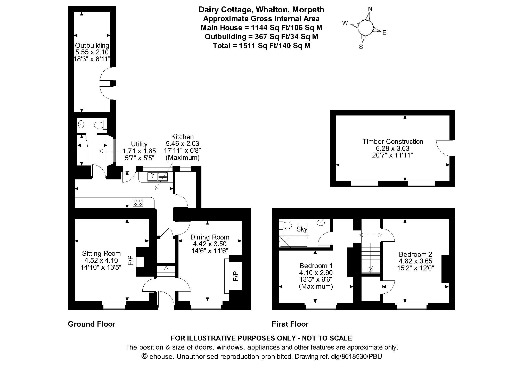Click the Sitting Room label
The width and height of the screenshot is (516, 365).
point(101,253)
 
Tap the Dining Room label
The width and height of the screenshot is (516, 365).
point(210,237)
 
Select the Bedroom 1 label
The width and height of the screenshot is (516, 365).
point(316,266)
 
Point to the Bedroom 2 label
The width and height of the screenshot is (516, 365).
point(415,254)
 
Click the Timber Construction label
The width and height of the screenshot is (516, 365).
point(392,142)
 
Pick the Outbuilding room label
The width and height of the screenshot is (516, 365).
point(92,46)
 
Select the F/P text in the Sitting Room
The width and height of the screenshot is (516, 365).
point(130,261)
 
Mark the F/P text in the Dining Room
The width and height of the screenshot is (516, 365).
point(236,276)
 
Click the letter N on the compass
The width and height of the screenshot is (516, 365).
point(370,9)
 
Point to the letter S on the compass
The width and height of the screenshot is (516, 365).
point(361,47)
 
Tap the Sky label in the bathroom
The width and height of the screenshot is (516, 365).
point(302,229)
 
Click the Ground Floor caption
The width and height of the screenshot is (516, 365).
point(92,324)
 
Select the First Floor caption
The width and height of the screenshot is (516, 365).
point(290,324)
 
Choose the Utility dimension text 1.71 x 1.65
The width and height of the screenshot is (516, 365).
point(139,151)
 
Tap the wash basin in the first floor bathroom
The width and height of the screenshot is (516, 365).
point(321,222)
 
